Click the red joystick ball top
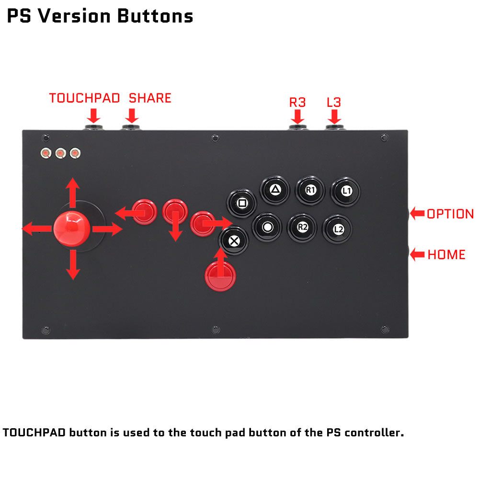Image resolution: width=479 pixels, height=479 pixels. (x=72, y=228)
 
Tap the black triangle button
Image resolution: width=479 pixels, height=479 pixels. (x=275, y=190)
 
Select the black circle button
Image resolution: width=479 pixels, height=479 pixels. (x=267, y=227)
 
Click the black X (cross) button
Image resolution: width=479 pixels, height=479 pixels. (x=234, y=241)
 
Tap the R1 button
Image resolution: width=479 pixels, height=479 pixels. (x=310, y=190)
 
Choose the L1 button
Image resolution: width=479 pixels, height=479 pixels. (x=346, y=192)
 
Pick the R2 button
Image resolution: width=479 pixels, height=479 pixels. (x=302, y=228)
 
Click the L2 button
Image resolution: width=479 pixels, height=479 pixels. (x=338, y=229)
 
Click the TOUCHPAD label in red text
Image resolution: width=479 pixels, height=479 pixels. (x=84, y=98)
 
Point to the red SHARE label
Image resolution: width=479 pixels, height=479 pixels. (x=150, y=98)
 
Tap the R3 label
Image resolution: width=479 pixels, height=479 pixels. (x=297, y=103)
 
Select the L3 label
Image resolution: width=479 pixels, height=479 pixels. (x=334, y=103)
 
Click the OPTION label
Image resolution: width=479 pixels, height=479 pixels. (x=450, y=214)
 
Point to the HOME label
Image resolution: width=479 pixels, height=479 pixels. (x=446, y=254)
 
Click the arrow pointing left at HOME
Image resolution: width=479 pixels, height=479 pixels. (x=417, y=254)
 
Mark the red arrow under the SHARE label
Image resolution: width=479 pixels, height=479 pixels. (x=132, y=116)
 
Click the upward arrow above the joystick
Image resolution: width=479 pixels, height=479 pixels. (x=73, y=193)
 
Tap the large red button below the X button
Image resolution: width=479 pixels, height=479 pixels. (x=220, y=276)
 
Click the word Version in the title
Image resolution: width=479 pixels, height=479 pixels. (x=74, y=16)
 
